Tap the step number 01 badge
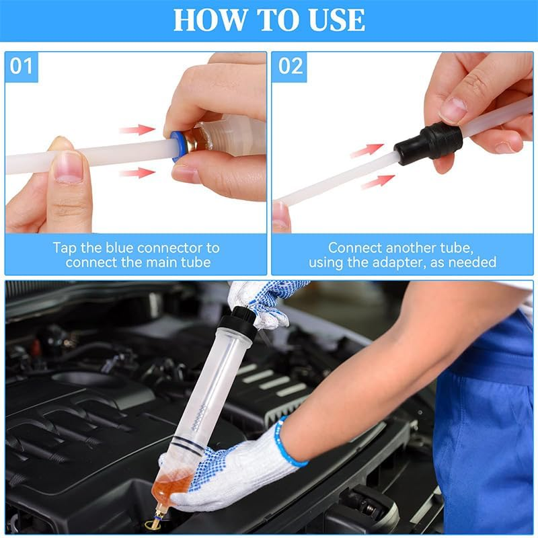22,67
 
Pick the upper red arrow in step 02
367,150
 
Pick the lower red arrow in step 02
377,181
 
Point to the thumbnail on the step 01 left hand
69,167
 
